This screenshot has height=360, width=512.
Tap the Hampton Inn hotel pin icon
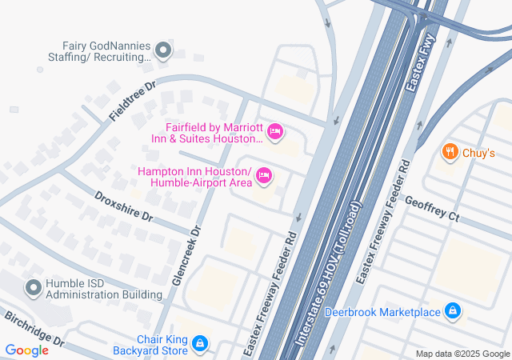pos(264,176)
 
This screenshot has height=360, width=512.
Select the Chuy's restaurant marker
pos(450,152)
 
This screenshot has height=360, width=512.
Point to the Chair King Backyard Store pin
pos(200,345)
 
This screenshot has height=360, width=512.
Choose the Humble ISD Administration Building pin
pos(34,287)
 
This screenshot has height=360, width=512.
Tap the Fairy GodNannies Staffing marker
pos(164,52)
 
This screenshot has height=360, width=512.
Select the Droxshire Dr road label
pos(123,205)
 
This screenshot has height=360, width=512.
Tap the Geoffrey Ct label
pos(432,210)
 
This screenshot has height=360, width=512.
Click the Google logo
pos(26,350)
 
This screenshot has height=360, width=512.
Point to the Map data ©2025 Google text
pos(462,354)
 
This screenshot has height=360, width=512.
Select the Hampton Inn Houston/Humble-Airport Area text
pos(194,177)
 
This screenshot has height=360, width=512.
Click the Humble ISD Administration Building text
pos(104,288)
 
